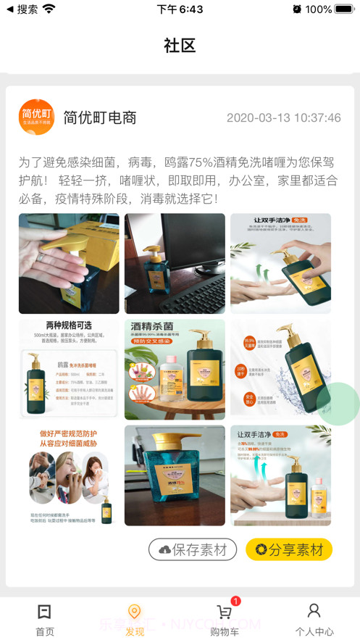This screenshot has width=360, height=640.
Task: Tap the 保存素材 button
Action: point(193,549)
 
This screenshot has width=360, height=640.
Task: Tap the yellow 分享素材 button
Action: point(288,549)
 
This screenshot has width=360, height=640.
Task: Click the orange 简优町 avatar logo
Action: point(36,117)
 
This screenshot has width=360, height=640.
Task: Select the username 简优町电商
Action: point(100,117)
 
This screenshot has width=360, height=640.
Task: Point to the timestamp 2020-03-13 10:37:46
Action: point(283,118)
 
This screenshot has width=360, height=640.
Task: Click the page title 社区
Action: point(180,46)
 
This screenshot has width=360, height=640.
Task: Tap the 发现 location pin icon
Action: point(134,612)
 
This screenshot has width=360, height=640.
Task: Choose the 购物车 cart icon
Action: point(224,612)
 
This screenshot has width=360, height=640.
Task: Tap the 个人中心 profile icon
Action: point(314,611)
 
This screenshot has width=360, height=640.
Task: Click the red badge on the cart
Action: point(235,601)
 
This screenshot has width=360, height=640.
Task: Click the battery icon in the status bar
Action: point(345,9)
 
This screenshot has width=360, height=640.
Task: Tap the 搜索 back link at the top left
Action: point(22,9)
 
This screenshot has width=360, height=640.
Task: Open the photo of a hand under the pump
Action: point(69,264)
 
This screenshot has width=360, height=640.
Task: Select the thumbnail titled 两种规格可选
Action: point(69,370)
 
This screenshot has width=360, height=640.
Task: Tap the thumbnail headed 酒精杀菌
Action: point(175,370)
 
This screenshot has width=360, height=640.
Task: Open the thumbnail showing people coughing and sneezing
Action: point(69,475)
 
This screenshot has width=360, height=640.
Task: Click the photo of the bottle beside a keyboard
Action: point(175,264)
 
